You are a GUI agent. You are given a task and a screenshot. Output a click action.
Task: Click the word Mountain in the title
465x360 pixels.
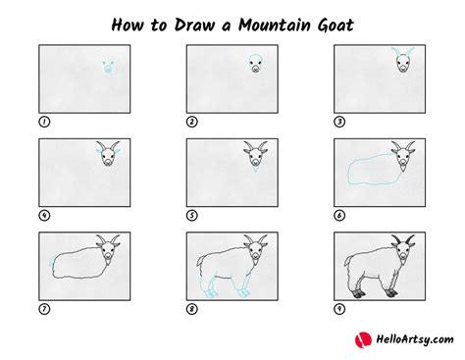[x=275, y=22]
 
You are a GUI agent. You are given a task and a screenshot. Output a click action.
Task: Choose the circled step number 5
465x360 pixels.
[x=192, y=214]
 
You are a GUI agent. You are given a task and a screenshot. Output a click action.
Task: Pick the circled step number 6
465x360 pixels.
[x=340, y=214]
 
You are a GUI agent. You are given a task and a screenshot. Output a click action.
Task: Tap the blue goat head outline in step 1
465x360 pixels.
[x=106, y=69]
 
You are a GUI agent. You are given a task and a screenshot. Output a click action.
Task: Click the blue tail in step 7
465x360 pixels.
[x=50, y=262]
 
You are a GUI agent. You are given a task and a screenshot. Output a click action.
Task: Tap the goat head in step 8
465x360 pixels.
[x=254, y=249]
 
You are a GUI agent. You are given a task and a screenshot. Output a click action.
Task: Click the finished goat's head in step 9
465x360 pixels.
[x=402, y=249]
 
